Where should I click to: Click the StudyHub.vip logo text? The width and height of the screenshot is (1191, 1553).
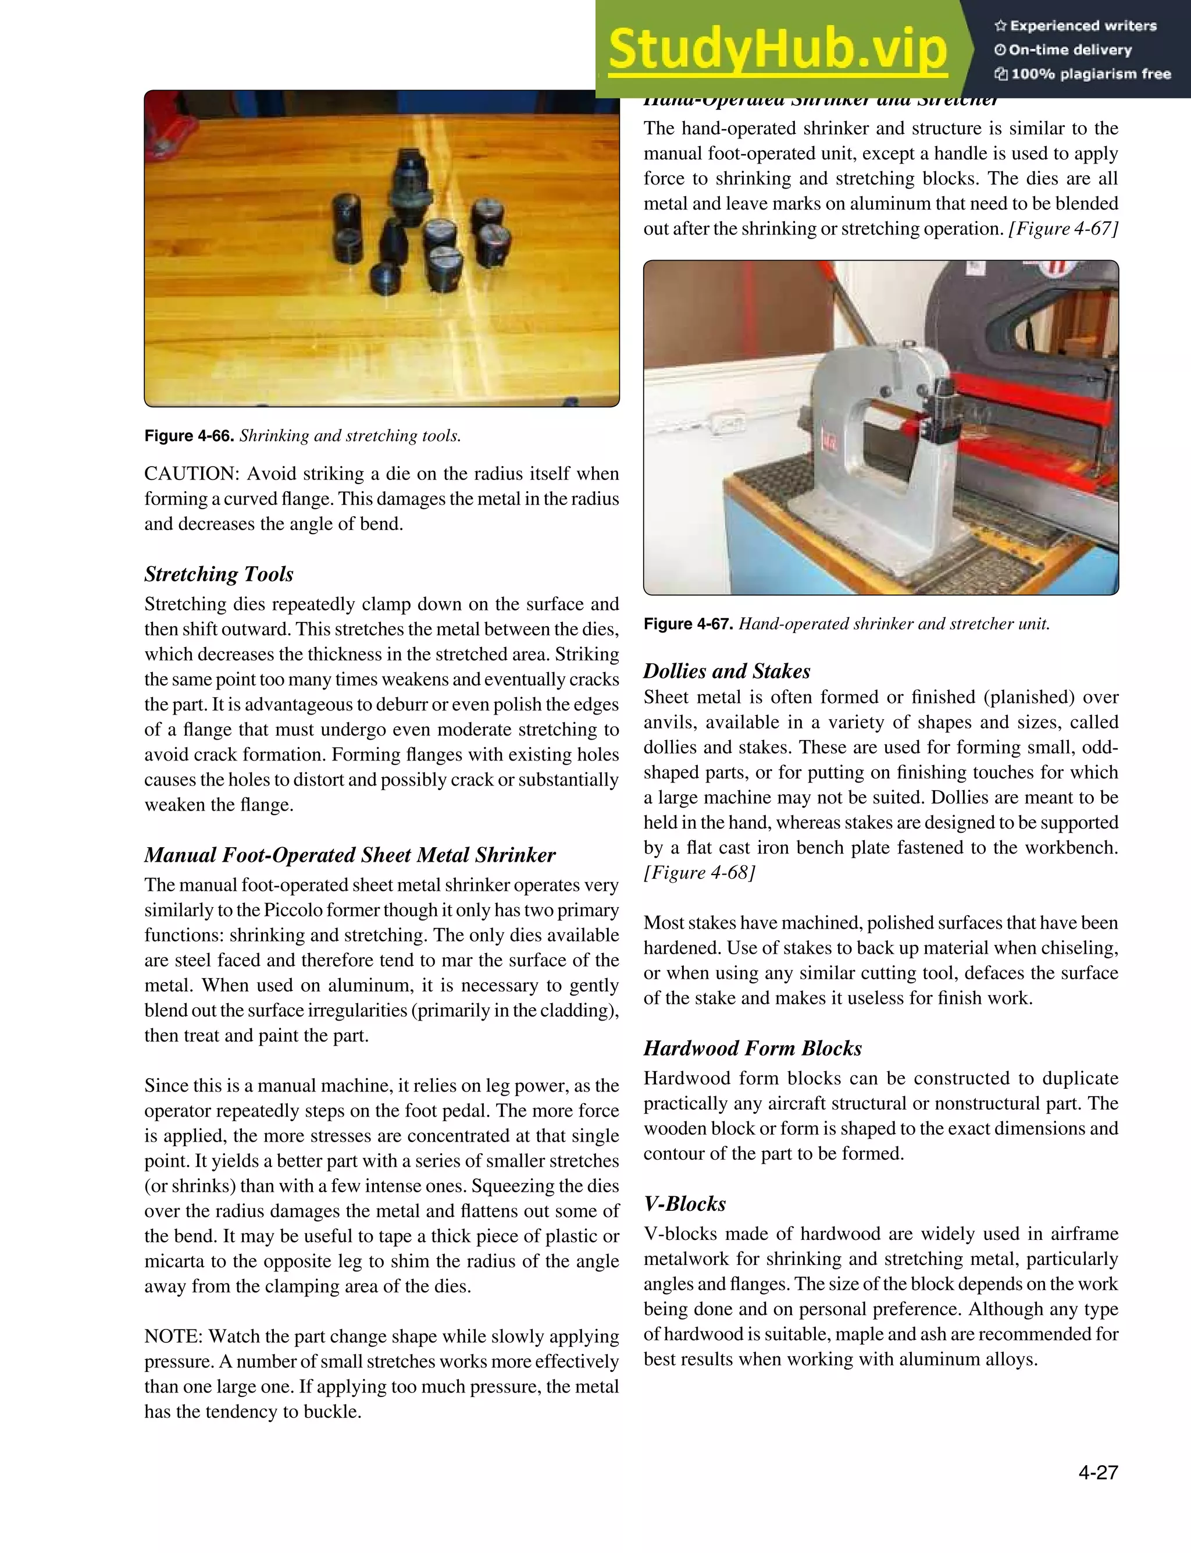pos(778,49)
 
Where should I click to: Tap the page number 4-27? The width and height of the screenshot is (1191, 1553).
pos(1097,1472)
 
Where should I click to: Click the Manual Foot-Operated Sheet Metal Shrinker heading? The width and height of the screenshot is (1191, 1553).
pos(350,855)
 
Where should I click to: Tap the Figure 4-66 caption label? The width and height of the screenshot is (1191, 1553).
pos(188,435)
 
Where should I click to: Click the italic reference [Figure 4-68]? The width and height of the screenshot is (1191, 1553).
pos(699,872)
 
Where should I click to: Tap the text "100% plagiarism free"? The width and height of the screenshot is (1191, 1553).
pos(1090,74)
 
